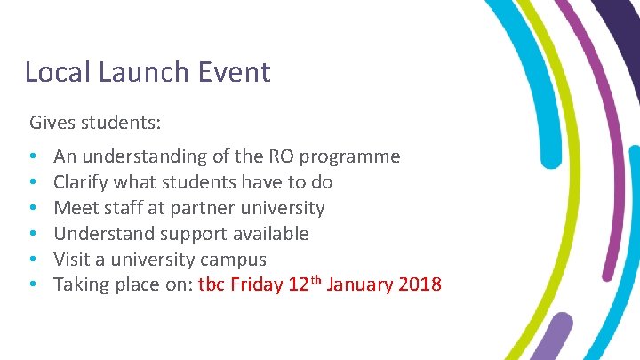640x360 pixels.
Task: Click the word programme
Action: point(350,157)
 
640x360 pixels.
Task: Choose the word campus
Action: point(235,260)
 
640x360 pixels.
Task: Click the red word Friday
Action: point(256,285)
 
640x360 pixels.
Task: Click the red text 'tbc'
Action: point(211,285)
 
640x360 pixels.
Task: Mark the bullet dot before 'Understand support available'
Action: point(33,235)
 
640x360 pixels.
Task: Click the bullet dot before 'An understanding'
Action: point(33,157)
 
